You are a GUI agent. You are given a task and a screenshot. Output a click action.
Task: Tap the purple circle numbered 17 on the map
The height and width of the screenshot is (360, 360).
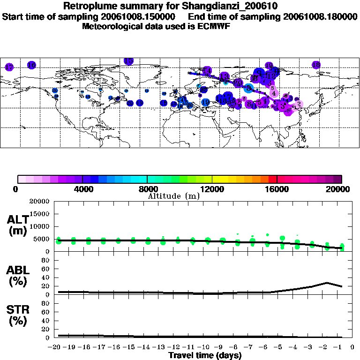coord(9,67)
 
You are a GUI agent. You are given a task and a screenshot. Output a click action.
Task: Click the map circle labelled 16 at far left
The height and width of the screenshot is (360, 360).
coord(31,65)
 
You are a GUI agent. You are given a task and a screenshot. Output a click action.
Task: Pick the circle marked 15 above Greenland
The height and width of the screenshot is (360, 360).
coord(128,61)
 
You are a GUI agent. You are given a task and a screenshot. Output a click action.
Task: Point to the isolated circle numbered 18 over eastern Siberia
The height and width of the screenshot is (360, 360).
coord(316,65)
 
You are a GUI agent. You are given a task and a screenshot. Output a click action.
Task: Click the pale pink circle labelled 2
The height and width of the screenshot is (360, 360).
coord(299,104)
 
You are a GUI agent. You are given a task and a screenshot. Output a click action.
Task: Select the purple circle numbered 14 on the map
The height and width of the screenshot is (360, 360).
coord(207,71)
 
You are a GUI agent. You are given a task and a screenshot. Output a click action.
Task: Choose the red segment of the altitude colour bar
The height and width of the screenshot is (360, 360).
coord(272,179)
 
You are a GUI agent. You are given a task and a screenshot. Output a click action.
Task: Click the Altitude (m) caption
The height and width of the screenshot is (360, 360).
coord(173,196)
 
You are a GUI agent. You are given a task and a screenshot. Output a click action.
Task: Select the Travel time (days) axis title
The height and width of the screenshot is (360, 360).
coord(205,356)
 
